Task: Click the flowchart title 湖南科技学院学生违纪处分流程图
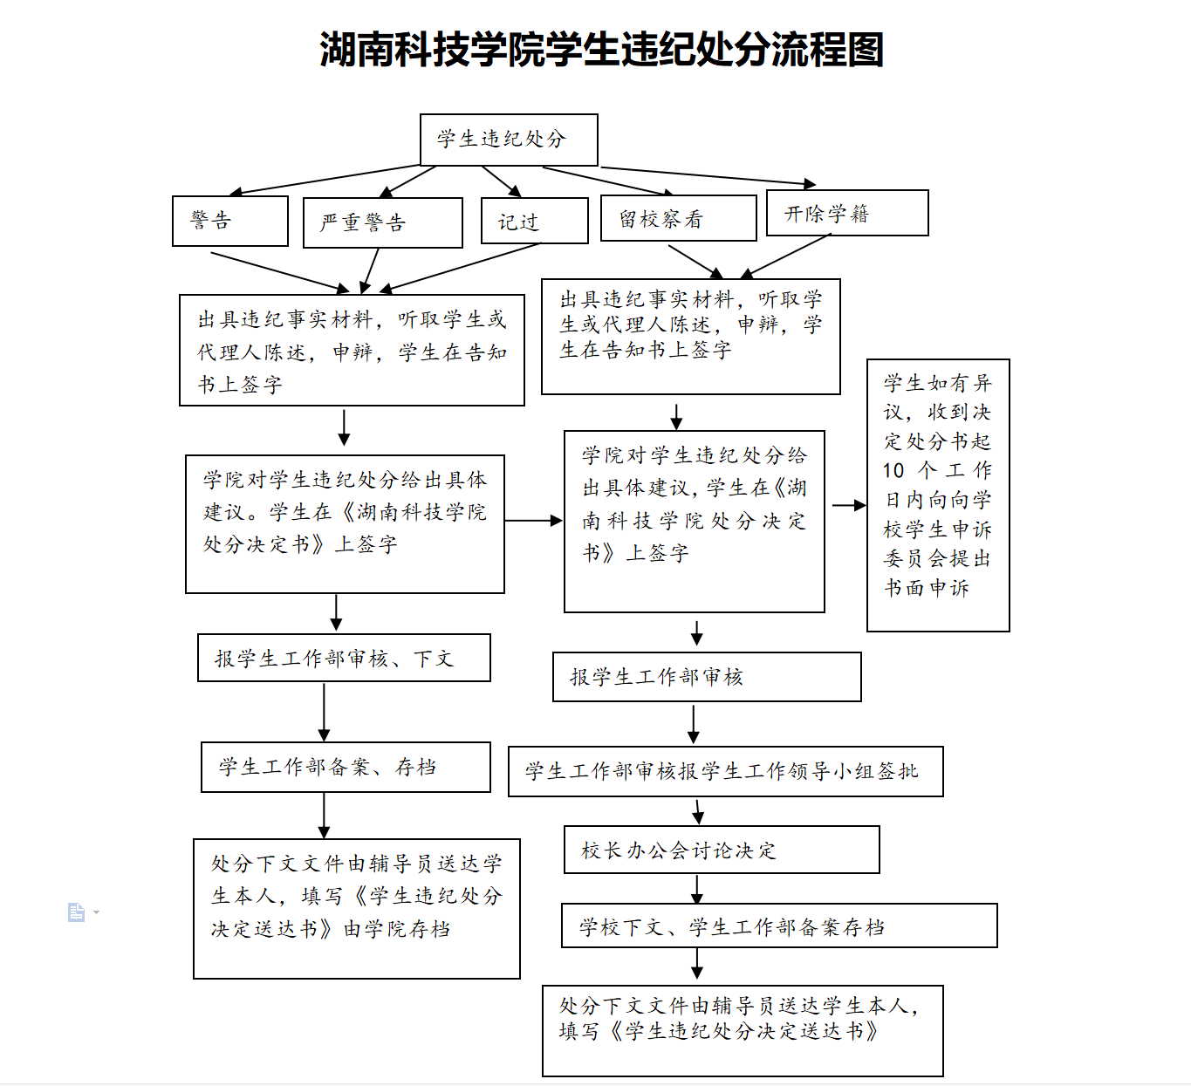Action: tap(601, 50)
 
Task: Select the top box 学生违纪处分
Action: tap(509, 140)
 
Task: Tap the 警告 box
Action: tap(230, 221)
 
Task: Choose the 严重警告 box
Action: tap(382, 222)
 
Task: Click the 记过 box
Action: tap(535, 221)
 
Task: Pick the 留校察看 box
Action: tap(678, 218)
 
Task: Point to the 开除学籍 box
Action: tap(846, 214)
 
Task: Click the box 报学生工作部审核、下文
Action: tap(344, 658)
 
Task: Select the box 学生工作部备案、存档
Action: tap(346, 767)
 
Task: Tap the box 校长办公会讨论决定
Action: tap(722, 850)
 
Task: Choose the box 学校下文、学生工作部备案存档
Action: tap(778, 925)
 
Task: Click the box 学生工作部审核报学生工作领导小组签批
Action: tap(725, 771)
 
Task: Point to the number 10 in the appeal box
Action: tap(893, 471)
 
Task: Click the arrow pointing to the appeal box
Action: tap(848, 505)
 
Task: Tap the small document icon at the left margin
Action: tap(77, 912)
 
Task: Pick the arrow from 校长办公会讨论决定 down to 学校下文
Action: tap(696, 889)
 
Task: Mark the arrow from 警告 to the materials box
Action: tap(279, 271)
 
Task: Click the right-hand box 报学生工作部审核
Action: tap(707, 677)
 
